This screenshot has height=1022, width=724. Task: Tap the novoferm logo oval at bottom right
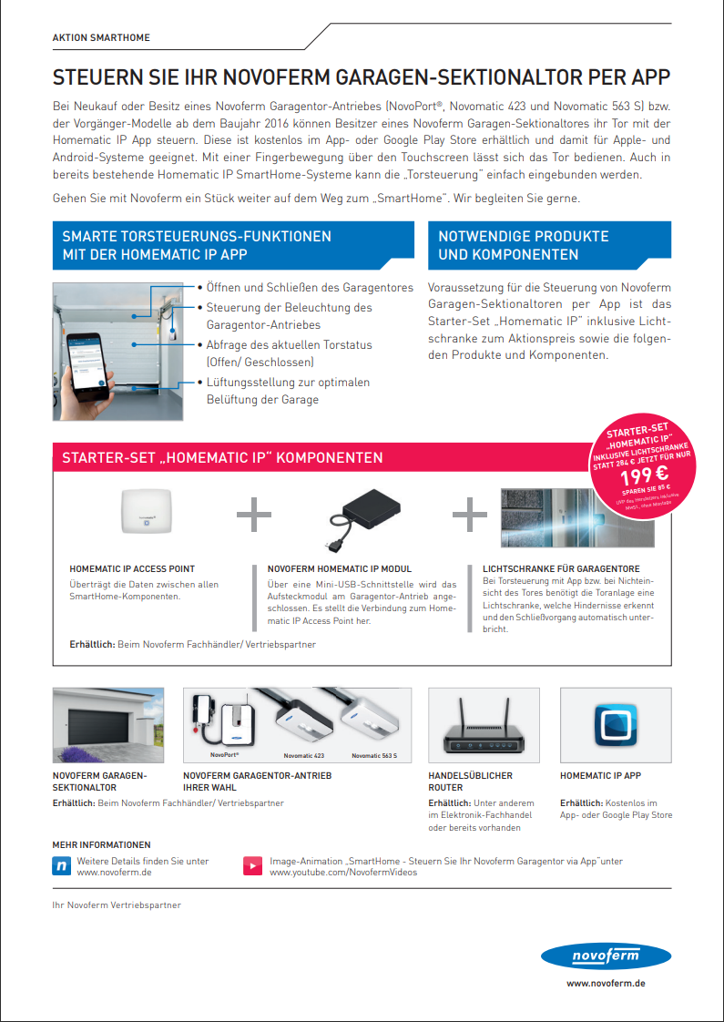tap(606, 956)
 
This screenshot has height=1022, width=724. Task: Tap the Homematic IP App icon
tap(616, 724)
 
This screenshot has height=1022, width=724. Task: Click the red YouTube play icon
tap(252, 866)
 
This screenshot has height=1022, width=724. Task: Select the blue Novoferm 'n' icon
tap(61, 866)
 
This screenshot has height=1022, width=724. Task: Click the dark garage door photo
tap(108, 724)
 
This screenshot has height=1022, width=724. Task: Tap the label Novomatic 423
tap(303, 756)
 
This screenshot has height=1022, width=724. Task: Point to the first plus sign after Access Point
tap(254, 514)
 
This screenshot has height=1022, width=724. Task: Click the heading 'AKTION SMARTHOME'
tap(101, 38)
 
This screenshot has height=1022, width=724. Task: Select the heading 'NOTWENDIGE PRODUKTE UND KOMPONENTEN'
tap(523, 245)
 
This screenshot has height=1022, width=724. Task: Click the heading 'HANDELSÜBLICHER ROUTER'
tap(470, 782)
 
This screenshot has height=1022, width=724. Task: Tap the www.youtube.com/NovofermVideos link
tap(343, 873)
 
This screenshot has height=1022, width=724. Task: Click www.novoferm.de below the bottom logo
tap(606, 984)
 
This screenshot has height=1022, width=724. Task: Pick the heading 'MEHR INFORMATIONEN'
tap(101, 844)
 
